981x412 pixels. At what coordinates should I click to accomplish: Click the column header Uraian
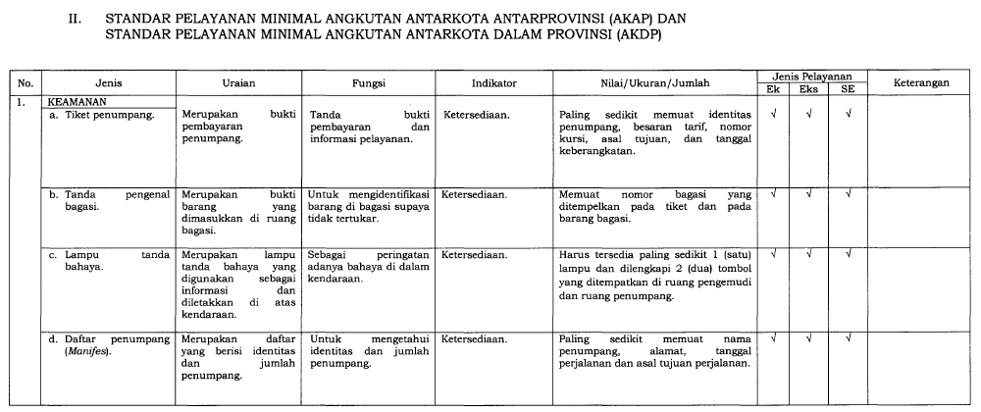(238, 84)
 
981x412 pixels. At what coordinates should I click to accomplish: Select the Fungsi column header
(369, 84)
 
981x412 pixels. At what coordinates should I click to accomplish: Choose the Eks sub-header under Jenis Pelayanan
(808, 89)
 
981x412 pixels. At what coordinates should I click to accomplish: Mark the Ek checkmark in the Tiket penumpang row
(774, 115)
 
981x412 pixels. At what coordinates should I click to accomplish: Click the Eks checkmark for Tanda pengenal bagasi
(808, 194)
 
